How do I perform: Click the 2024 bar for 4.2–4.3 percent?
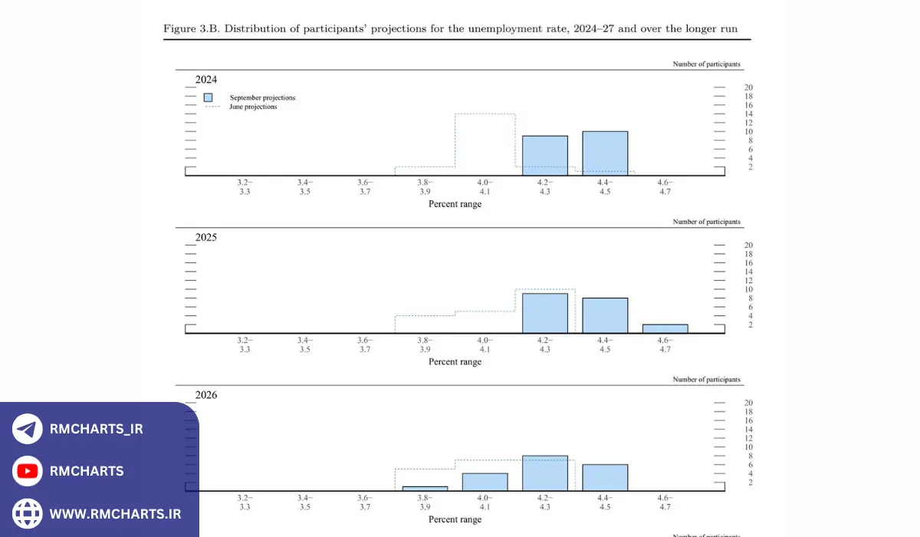[x=545, y=156]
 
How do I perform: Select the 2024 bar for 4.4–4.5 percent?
[x=605, y=153]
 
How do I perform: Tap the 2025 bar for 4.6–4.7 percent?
[x=665, y=329]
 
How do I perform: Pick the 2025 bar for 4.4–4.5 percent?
[x=605, y=315]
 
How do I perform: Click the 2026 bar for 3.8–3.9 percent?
[x=425, y=489]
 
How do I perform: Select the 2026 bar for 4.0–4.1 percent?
[x=485, y=482]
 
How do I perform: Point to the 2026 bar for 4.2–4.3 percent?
[x=545, y=473]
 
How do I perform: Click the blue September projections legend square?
[x=208, y=97]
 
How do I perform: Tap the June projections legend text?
[x=253, y=107]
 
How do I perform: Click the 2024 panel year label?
[x=205, y=79]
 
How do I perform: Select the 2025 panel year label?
[x=205, y=237]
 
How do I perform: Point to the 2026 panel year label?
[x=205, y=395]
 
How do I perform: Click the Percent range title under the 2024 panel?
[x=455, y=204]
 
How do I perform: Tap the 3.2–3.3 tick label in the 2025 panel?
[x=245, y=344]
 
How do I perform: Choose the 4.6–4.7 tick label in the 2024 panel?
[x=665, y=186]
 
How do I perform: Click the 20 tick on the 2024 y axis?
[x=748, y=87]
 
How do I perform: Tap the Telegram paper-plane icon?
[x=28, y=430]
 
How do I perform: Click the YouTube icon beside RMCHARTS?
[x=28, y=471]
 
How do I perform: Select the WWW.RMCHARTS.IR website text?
[x=115, y=513]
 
